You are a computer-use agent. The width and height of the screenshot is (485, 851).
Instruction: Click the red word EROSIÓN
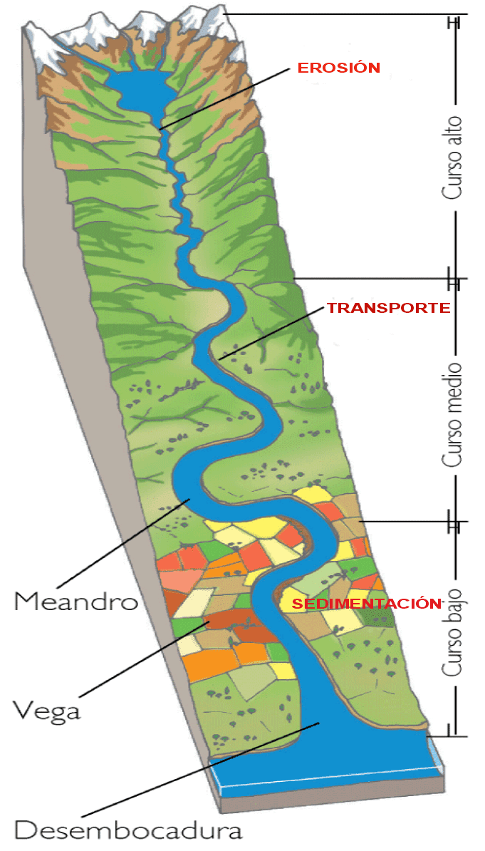(x=339, y=68)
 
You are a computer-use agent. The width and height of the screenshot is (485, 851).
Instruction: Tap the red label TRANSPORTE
(x=389, y=308)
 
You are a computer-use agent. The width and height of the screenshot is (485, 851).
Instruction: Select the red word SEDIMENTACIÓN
(x=363, y=604)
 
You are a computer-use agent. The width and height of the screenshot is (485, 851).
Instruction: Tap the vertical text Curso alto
(x=453, y=158)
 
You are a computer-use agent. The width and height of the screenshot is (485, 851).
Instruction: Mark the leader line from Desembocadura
(x=199, y=770)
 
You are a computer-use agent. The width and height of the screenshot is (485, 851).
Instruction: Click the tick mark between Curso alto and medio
(x=453, y=279)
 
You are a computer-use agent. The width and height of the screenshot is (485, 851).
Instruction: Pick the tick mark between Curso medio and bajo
(x=453, y=521)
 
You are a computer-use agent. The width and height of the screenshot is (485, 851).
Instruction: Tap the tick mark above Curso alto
(x=453, y=21)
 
